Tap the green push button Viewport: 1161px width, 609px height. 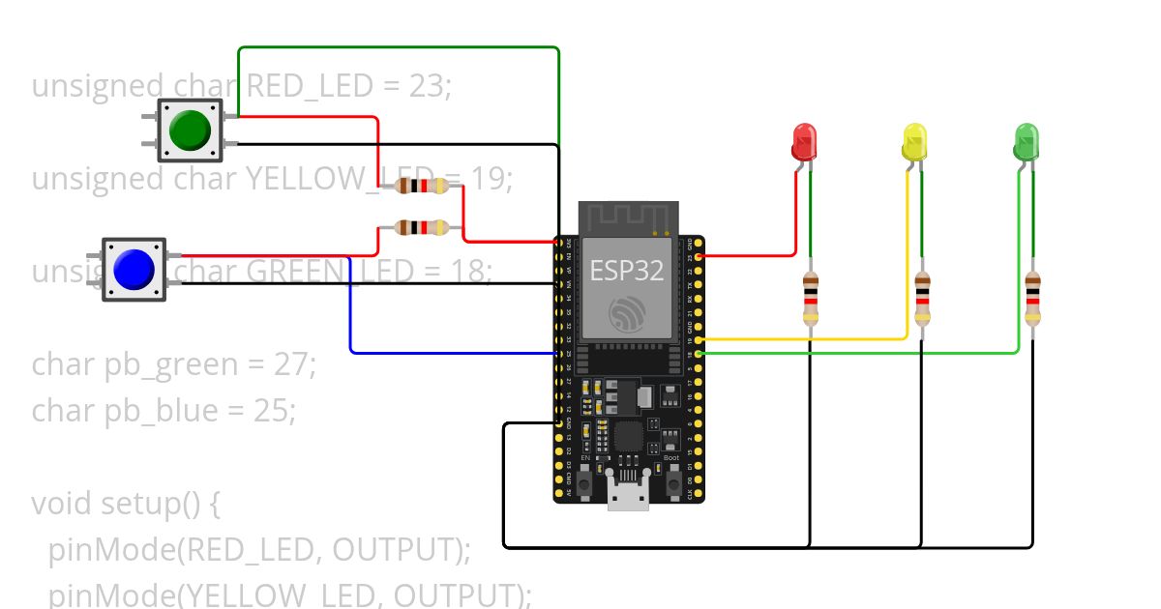point(190,130)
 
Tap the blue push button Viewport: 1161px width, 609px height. point(134,270)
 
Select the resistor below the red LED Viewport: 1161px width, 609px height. point(810,299)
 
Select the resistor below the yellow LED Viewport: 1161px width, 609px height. point(922,299)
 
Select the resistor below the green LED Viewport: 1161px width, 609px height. point(1033,299)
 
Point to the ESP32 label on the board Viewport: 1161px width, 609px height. point(627,272)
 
